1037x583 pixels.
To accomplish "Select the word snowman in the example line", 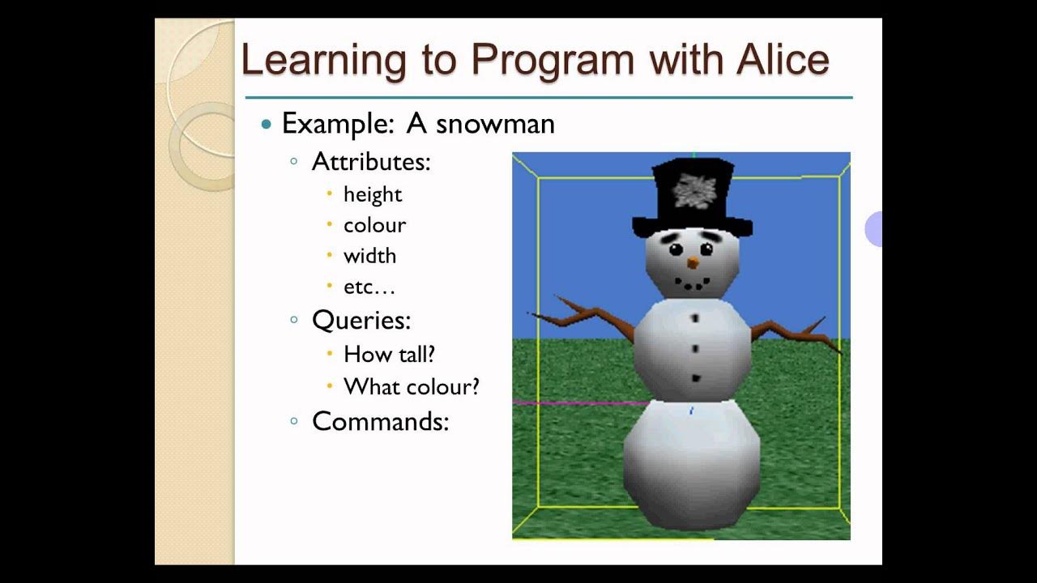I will pyautogui.click(x=495, y=124).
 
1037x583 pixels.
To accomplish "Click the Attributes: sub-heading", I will pyautogui.click(x=371, y=161).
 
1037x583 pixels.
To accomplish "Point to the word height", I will pyautogui.click(x=373, y=195).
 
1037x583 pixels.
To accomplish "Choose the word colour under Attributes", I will pyautogui.click(x=374, y=225).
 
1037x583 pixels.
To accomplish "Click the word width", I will pyautogui.click(x=369, y=256).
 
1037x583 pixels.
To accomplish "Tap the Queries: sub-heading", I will pyautogui.click(x=361, y=321).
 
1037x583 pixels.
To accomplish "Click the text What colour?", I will pyautogui.click(x=412, y=387).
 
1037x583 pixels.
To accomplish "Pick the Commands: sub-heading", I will pyautogui.click(x=380, y=421).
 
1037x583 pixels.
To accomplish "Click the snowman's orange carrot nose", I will pyautogui.click(x=693, y=262).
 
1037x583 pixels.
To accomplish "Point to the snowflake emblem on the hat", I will pyautogui.click(x=693, y=189).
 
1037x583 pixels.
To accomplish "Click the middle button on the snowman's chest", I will pyautogui.click(x=695, y=349).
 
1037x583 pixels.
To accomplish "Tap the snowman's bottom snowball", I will pyautogui.click(x=691, y=462).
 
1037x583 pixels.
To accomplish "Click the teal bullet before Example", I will pyautogui.click(x=267, y=125).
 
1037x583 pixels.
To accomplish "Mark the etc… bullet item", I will pyautogui.click(x=369, y=287).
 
